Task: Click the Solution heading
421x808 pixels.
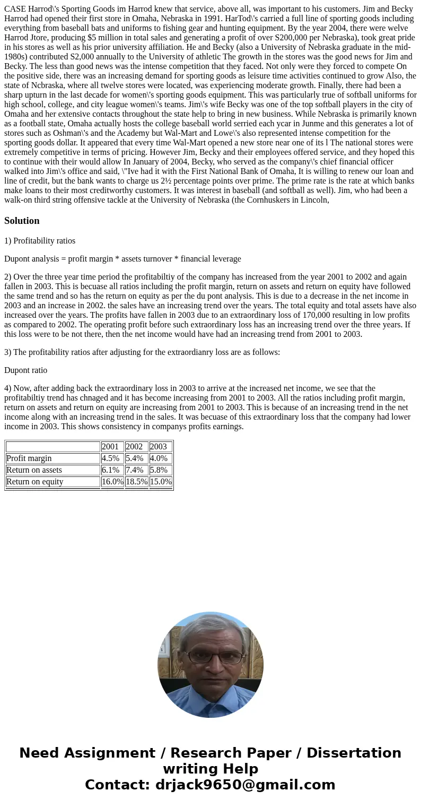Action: (x=22, y=221)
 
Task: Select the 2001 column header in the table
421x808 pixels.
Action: (x=110, y=447)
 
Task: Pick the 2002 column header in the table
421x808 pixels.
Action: (x=134, y=447)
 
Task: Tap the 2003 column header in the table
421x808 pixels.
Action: (x=159, y=447)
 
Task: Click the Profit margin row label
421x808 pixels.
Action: (x=29, y=458)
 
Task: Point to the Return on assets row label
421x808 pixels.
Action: (x=34, y=470)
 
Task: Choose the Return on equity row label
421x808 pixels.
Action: (x=34, y=482)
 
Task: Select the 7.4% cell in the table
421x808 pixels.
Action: (x=135, y=470)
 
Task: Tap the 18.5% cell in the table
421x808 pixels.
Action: (x=136, y=482)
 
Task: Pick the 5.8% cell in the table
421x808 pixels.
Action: (x=159, y=470)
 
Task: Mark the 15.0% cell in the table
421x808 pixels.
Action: (x=161, y=482)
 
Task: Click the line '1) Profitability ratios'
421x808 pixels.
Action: (x=40, y=241)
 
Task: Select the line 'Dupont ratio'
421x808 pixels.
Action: (x=25, y=370)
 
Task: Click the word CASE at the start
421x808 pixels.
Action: (x=15, y=9)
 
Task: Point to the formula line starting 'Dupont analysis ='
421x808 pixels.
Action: (x=122, y=259)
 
